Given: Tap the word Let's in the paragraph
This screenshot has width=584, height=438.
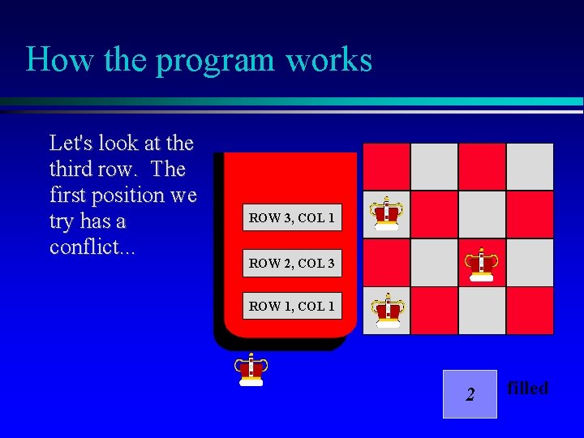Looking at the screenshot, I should (x=71, y=144).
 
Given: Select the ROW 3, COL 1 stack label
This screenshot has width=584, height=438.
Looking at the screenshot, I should (x=292, y=217).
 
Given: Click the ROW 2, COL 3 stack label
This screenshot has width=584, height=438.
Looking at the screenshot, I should (x=292, y=263).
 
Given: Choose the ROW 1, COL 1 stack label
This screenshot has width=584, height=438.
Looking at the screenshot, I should (x=292, y=306).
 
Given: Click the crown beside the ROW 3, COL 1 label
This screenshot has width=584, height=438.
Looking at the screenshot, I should (x=387, y=214).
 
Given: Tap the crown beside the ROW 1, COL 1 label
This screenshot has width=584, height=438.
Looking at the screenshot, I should (x=388, y=310).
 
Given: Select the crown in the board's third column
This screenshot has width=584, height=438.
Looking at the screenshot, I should (x=481, y=264).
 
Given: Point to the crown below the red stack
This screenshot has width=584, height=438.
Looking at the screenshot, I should (x=251, y=369).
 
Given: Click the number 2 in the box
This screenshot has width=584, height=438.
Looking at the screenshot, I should (x=470, y=395).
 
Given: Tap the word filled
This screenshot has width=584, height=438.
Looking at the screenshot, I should (x=527, y=389).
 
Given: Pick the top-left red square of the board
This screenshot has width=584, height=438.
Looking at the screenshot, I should (x=386, y=166).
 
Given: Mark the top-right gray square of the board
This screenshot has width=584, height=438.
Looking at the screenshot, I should (x=530, y=166).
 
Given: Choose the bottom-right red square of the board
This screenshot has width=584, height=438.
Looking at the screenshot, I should (x=530, y=310).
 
